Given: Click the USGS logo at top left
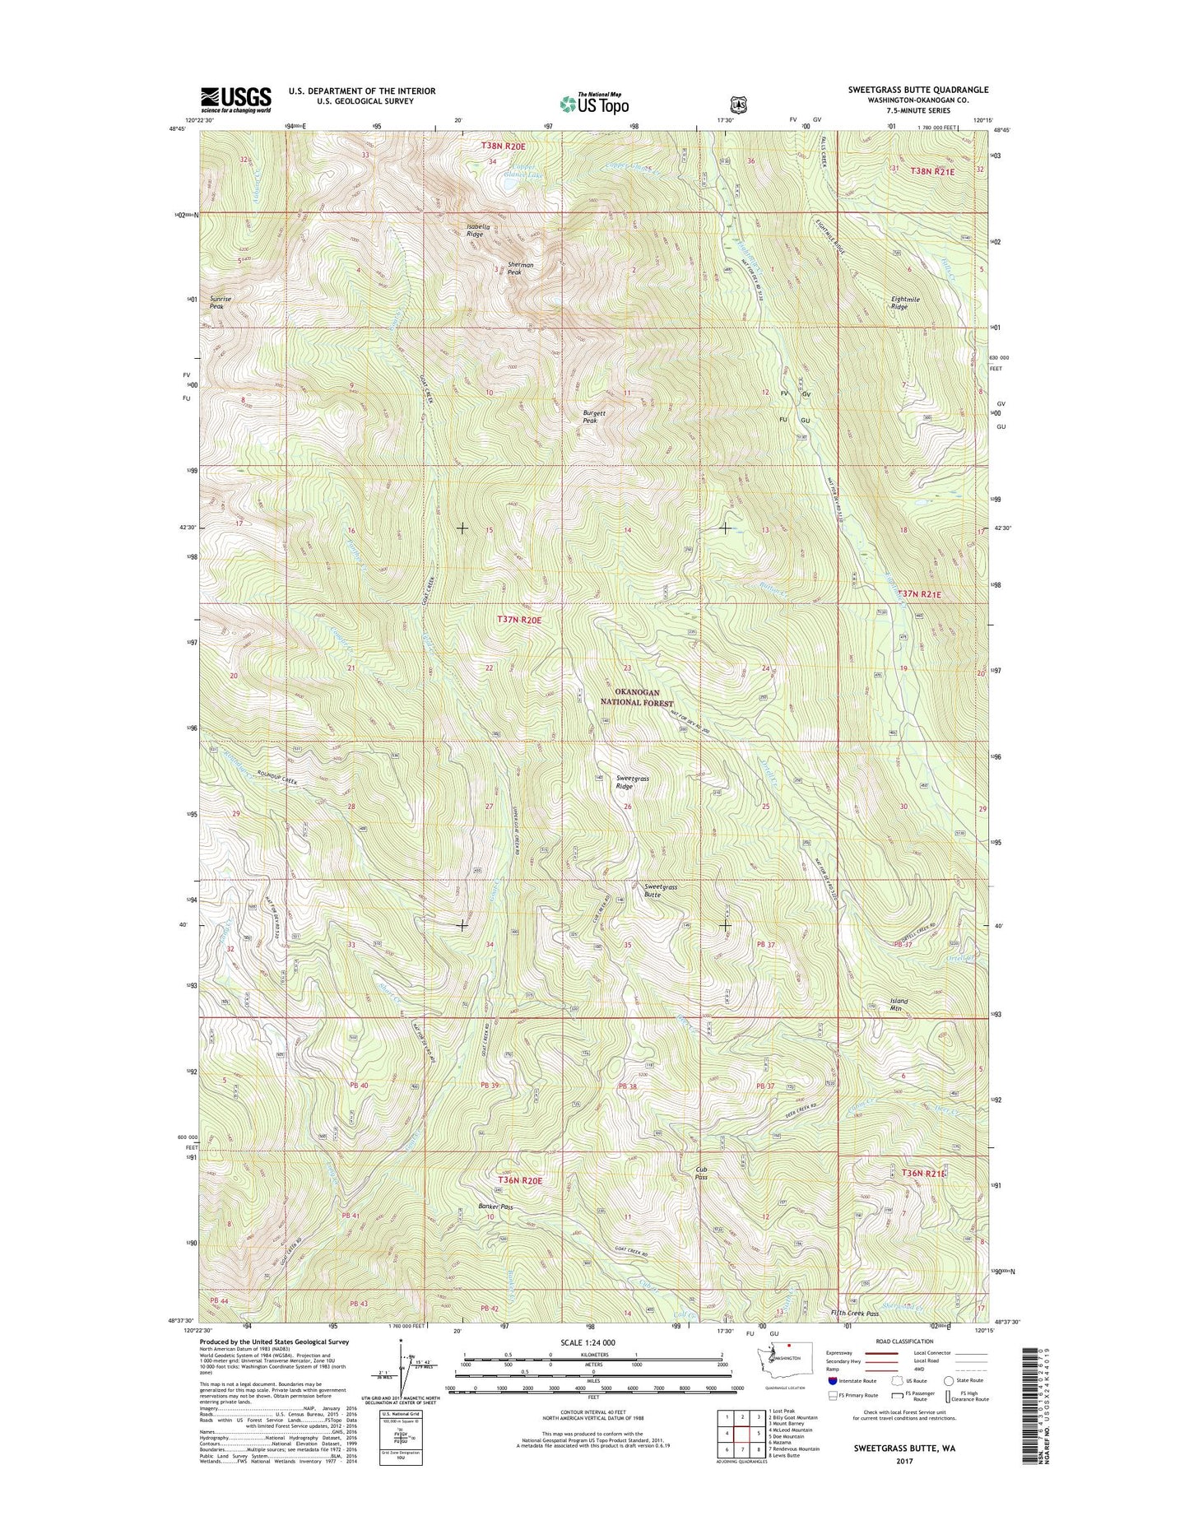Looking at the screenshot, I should tap(236, 100).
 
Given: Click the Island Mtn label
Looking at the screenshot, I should tap(899, 1004).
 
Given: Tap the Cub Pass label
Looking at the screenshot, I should tap(702, 1173).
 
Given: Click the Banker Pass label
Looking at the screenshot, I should tap(495, 1207).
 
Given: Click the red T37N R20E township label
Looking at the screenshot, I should tap(519, 619).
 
